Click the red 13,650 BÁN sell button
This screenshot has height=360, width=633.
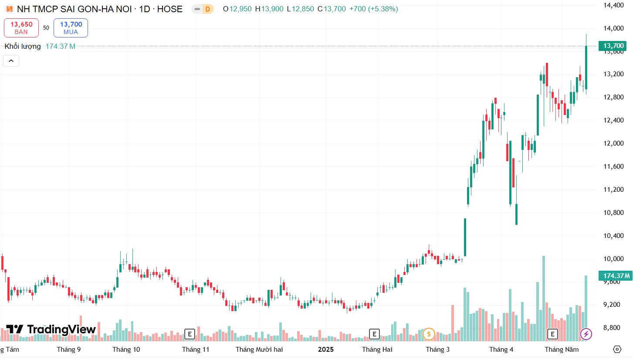coord(21,28)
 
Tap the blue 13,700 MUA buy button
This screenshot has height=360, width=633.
coord(71,28)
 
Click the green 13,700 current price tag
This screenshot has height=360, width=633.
coord(613,45)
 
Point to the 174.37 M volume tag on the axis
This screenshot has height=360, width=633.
coord(616,275)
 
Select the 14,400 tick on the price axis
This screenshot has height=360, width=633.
coord(613,5)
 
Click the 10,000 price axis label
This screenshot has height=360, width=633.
coord(613,259)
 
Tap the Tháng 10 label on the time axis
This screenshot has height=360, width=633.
coord(126,350)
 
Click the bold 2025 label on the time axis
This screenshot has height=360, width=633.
coord(326,350)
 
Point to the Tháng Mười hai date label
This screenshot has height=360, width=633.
coord(259,350)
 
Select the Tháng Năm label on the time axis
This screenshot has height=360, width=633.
coord(562,350)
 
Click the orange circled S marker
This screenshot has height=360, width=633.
coord(429,334)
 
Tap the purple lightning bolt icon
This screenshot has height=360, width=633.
coord(586,334)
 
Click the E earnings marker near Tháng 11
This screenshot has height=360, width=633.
coord(190,334)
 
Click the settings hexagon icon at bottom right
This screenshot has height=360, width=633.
coord(617,350)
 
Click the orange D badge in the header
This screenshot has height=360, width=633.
coord(208,9)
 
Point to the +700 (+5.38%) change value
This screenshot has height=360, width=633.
coord(374,9)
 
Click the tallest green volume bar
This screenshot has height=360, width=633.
coord(543,299)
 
